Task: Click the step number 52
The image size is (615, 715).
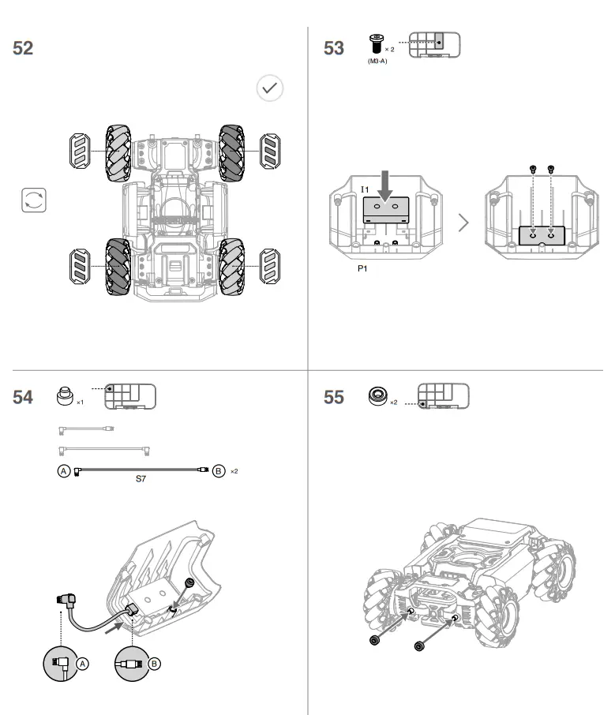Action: [23, 48]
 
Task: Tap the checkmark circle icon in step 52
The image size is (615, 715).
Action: [270, 88]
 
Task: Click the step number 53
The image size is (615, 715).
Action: [334, 48]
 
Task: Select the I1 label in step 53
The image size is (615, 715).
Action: [365, 189]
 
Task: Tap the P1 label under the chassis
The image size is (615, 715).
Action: [364, 269]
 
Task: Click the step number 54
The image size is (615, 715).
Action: [23, 397]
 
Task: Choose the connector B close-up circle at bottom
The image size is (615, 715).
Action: [132, 664]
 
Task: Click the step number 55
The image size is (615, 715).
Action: [334, 397]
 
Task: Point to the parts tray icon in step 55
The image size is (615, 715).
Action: [442, 396]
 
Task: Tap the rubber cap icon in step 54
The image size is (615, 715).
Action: [66, 395]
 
